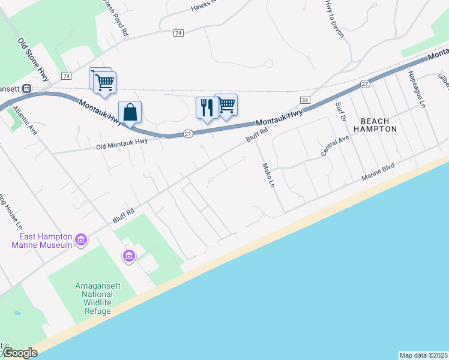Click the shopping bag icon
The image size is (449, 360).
click(x=130, y=112)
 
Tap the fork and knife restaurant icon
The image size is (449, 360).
click(x=206, y=107)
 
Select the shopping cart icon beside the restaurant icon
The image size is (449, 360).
click(x=226, y=105)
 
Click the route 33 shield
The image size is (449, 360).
click(x=305, y=100)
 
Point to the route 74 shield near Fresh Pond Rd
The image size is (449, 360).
click(x=178, y=32)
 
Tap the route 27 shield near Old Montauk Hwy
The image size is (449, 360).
click(x=187, y=133)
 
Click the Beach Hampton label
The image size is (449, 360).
click(x=375, y=125)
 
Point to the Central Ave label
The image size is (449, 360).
click(x=335, y=146)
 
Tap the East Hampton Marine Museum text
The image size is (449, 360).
click(x=41, y=240)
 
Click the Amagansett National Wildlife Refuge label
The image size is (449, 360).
click(x=93, y=299)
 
